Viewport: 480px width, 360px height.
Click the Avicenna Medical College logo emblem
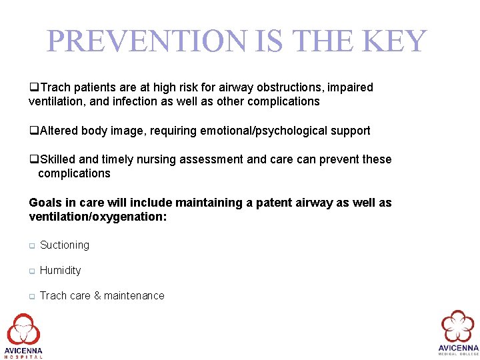458,327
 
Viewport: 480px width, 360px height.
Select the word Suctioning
65,245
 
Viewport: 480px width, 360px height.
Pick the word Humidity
60,271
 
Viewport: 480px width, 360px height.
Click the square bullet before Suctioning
31,246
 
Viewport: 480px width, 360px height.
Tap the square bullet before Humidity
31,271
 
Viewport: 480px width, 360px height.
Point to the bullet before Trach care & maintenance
31,297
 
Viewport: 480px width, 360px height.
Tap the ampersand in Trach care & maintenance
97,296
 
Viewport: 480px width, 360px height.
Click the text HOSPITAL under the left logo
23,357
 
